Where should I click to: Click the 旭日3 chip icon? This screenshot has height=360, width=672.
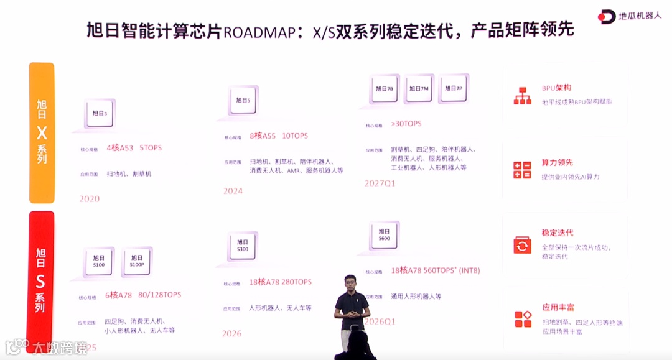100,113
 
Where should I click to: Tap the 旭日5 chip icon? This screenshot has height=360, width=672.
243,100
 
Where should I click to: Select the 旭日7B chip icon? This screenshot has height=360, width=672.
385,89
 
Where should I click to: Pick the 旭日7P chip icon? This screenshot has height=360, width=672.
454,89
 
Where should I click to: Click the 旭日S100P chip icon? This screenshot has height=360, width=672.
137,261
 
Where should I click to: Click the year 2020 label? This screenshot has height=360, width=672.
90,199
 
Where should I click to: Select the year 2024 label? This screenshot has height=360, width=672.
233,191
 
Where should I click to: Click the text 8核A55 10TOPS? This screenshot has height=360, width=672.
279,136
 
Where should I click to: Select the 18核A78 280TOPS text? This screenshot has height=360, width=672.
280,282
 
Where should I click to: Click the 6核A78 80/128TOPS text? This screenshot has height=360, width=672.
142,295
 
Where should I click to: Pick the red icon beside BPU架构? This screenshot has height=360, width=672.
522,95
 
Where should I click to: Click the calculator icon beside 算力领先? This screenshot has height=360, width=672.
522,170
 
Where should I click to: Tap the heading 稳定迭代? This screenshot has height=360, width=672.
557,233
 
